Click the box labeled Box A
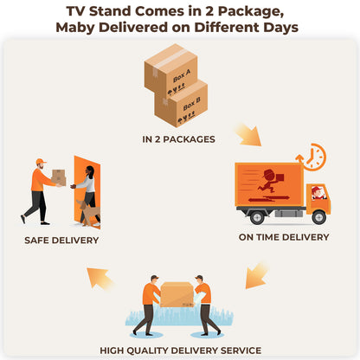[x=170, y=69]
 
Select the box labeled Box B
[x=181, y=104]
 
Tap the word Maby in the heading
[x=75, y=28]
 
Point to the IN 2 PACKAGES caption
[x=178, y=139]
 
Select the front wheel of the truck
[x=319, y=217]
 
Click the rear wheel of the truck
[x=257, y=217]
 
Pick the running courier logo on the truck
[x=271, y=181]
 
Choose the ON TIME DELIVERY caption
[x=284, y=237]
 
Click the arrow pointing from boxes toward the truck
[x=248, y=134]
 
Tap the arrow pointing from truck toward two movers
[x=256, y=276]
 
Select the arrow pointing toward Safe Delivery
[x=100, y=278]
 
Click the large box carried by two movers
[x=177, y=294]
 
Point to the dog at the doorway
[x=89, y=212]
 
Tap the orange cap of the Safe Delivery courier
[x=41, y=161]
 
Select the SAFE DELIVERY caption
[x=61, y=241]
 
